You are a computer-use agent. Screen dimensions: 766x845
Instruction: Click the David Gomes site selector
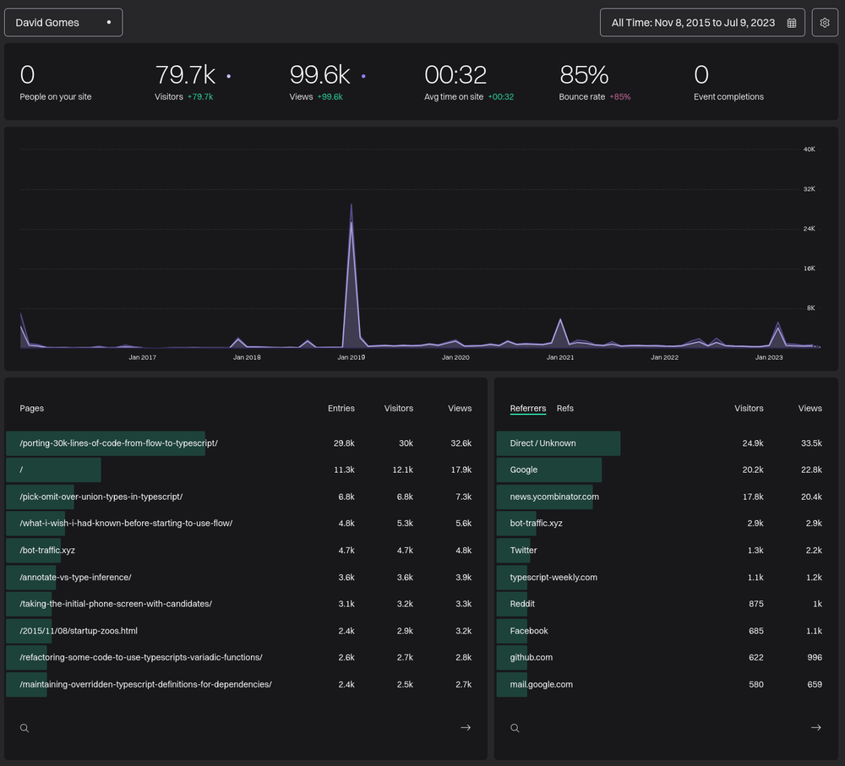click(63, 23)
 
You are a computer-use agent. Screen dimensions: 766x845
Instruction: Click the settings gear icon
click(825, 23)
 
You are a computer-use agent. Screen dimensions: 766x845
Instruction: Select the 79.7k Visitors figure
click(185, 75)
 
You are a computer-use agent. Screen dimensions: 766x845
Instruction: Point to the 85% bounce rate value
click(584, 75)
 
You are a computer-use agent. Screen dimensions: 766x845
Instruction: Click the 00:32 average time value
click(455, 75)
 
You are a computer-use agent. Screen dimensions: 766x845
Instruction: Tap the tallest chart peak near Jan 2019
click(352, 206)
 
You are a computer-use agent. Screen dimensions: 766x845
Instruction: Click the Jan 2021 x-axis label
click(560, 357)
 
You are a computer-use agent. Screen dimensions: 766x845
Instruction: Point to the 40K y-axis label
click(809, 149)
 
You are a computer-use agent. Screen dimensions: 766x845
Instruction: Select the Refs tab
click(565, 409)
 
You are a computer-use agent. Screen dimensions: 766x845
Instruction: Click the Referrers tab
click(528, 409)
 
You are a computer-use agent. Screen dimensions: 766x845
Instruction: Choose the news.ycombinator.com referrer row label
click(554, 497)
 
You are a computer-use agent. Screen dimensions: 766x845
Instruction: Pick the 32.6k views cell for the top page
click(461, 443)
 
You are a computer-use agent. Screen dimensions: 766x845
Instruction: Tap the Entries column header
click(341, 409)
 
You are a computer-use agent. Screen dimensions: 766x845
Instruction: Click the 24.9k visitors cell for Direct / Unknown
click(752, 443)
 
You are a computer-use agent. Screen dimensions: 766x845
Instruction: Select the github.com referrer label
click(532, 657)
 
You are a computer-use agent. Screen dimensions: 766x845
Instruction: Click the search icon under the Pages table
click(25, 728)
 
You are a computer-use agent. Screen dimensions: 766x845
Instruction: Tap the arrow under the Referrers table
click(815, 728)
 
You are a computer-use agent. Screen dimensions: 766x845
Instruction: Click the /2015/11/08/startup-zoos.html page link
click(79, 630)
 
